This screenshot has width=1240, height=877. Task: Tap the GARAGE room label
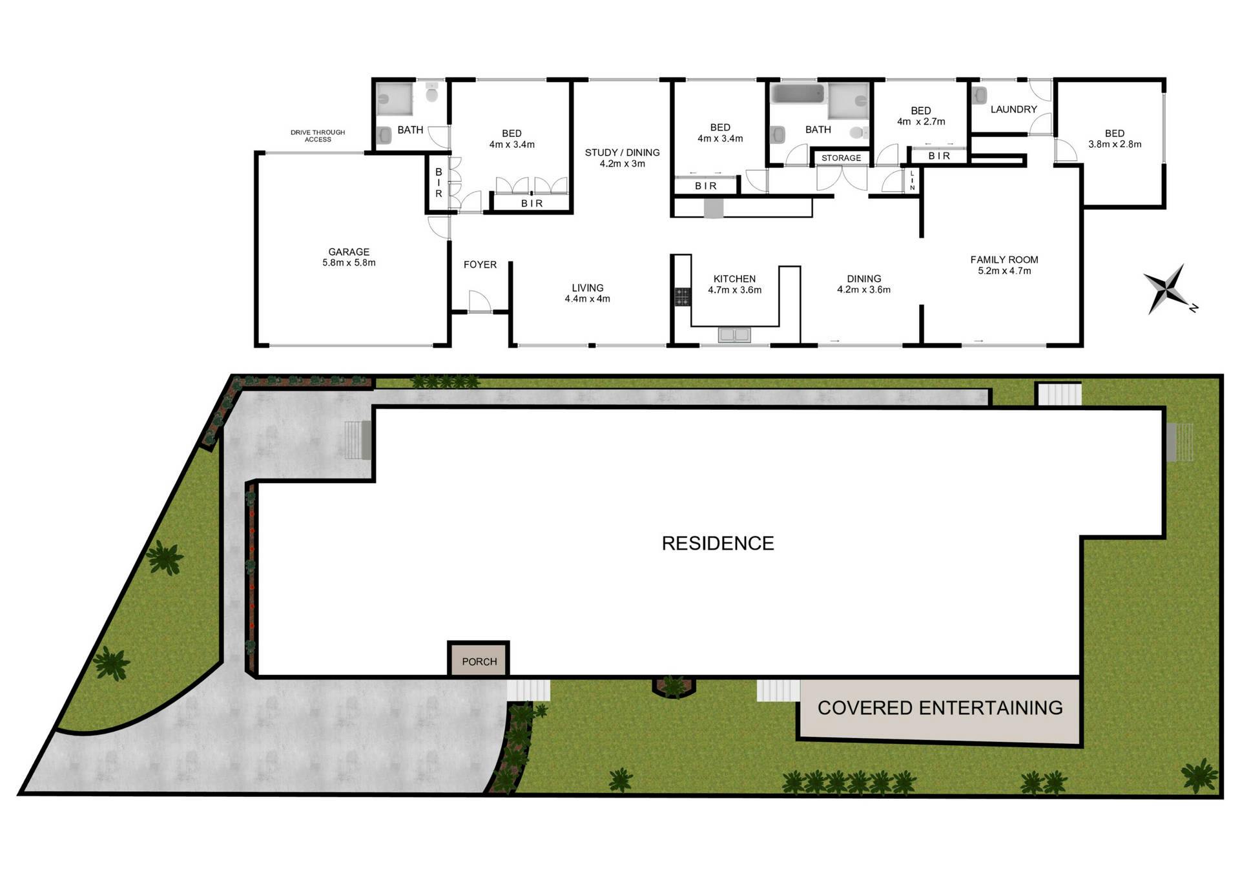click(349, 252)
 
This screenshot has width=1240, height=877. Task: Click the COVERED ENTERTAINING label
click(940, 708)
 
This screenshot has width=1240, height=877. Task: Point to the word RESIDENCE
click(718, 543)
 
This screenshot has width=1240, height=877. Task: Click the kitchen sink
click(734, 335)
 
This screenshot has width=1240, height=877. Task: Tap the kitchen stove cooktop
click(683, 296)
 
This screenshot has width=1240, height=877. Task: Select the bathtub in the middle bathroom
click(798, 94)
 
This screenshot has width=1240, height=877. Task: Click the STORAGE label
click(841, 158)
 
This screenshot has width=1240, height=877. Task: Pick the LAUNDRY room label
click(1013, 110)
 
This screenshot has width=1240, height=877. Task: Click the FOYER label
click(480, 265)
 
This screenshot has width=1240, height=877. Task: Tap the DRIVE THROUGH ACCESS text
click(318, 136)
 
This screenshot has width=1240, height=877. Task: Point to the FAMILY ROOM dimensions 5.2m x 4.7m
click(1004, 271)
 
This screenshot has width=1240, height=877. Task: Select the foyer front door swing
click(479, 301)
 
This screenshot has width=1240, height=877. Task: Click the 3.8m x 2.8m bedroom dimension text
click(1115, 145)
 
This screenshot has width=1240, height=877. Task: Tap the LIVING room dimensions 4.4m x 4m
click(587, 299)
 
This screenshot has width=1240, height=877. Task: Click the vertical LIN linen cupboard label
click(912, 180)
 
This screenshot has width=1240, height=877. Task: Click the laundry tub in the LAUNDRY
click(979, 96)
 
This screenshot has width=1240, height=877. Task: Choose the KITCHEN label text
click(734, 279)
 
